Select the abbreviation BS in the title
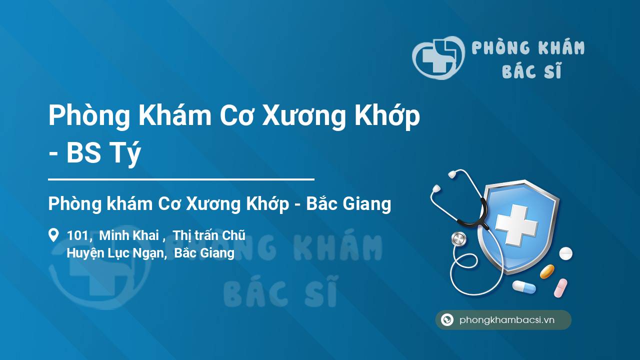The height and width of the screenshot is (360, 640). tap(83, 153)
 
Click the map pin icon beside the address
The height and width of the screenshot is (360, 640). tap(53, 235)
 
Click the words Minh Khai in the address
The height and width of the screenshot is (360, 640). tap(129, 235)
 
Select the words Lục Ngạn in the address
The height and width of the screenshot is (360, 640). tap(135, 253)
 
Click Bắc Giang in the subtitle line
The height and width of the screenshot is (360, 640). tap(348, 204)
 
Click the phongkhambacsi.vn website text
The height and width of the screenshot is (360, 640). tap(507, 320)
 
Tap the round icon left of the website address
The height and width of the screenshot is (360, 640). tap(447, 319)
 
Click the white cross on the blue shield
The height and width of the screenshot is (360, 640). tap(516, 225)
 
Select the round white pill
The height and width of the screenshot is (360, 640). tap(565, 253)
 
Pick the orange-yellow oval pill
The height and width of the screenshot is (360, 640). tap(547, 271)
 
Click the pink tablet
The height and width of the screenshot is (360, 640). tap(560, 288)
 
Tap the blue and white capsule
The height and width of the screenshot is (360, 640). tap(524, 287)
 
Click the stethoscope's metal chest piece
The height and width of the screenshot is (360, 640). tap(458, 239)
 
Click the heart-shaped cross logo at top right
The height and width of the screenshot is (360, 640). tap(438, 57)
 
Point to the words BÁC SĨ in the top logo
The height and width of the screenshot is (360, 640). tap(532, 70)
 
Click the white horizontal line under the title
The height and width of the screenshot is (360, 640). tap(181, 179)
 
